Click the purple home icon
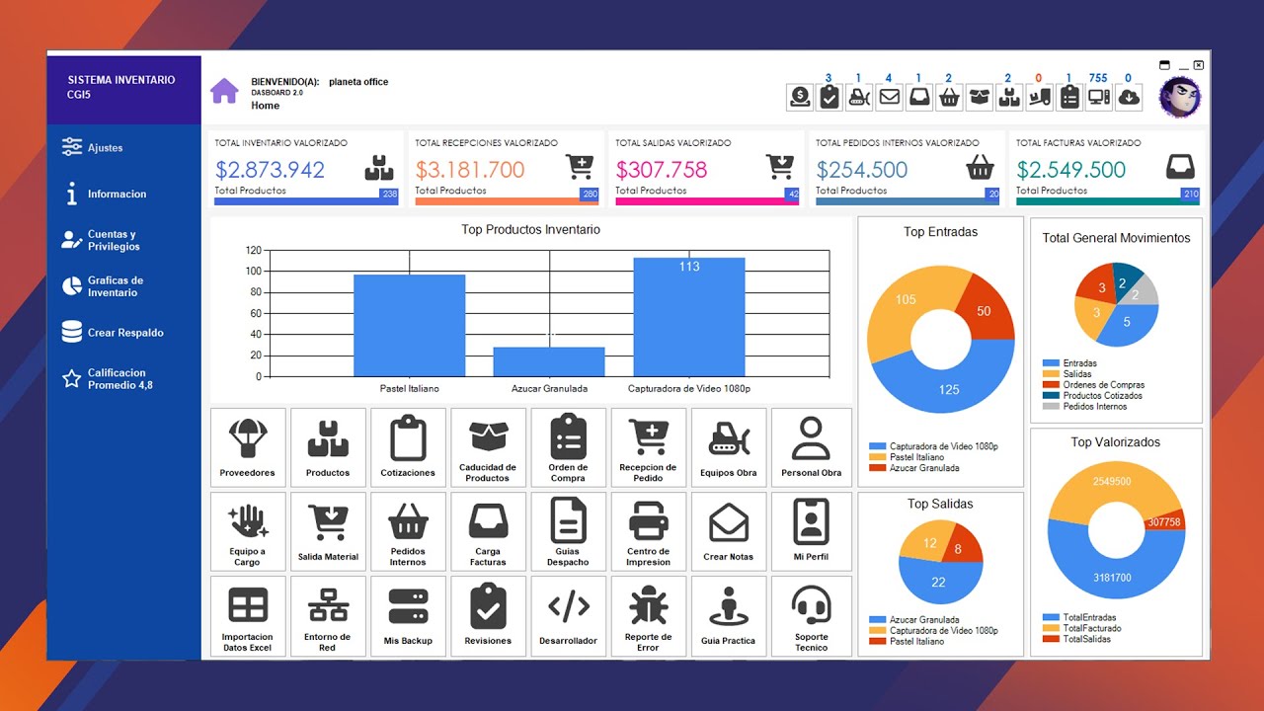224,91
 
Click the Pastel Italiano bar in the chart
409,326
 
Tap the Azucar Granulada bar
549,361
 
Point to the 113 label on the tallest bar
689,267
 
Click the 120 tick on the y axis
254,251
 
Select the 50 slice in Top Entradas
984,311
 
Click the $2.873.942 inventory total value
270,170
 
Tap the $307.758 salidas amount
662,170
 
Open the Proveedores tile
248,447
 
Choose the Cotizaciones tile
408,447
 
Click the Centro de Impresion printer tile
649,531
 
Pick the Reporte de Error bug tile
649,615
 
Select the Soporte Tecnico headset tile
812,615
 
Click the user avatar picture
1180,97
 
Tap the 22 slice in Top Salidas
938,583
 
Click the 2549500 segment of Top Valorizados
1112,482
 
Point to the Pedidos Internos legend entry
1095,406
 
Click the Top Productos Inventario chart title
530,230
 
